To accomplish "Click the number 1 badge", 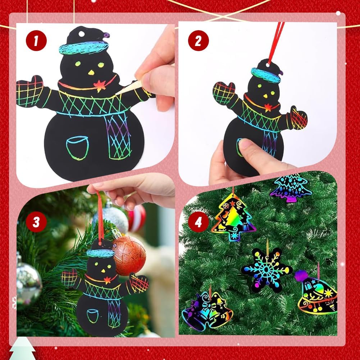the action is (x=36, y=40).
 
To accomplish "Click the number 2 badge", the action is (x=199, y=41).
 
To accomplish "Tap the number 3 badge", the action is (x=36, y=222).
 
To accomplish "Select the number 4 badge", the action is (x=199, y=222).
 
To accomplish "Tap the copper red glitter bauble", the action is (x=129, y=255).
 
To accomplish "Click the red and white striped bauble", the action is (x=137, y=218).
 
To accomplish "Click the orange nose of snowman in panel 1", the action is (x=91, y=73).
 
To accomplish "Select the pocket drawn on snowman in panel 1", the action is (x=77, y=148).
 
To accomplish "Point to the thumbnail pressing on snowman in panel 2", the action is (x=245, y=145).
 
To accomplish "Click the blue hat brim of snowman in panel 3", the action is (x=101, y=253).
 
